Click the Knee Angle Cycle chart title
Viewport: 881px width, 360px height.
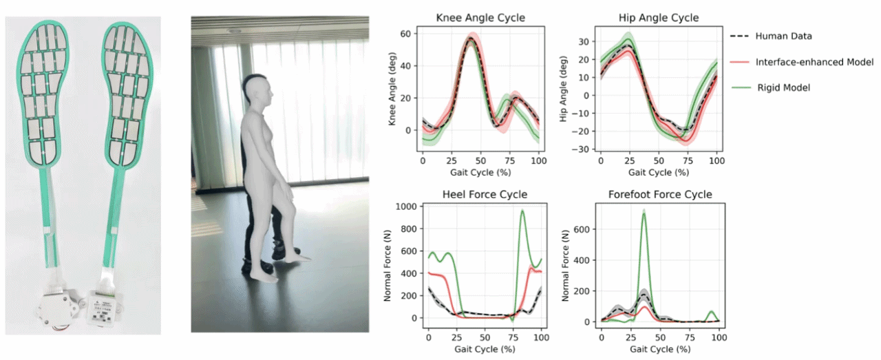pos(480,18)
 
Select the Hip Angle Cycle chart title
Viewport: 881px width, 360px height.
pos(659,18)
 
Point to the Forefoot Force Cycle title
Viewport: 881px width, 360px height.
pos(660,195)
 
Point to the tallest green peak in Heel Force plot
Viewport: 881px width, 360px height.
pos(522,211)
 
